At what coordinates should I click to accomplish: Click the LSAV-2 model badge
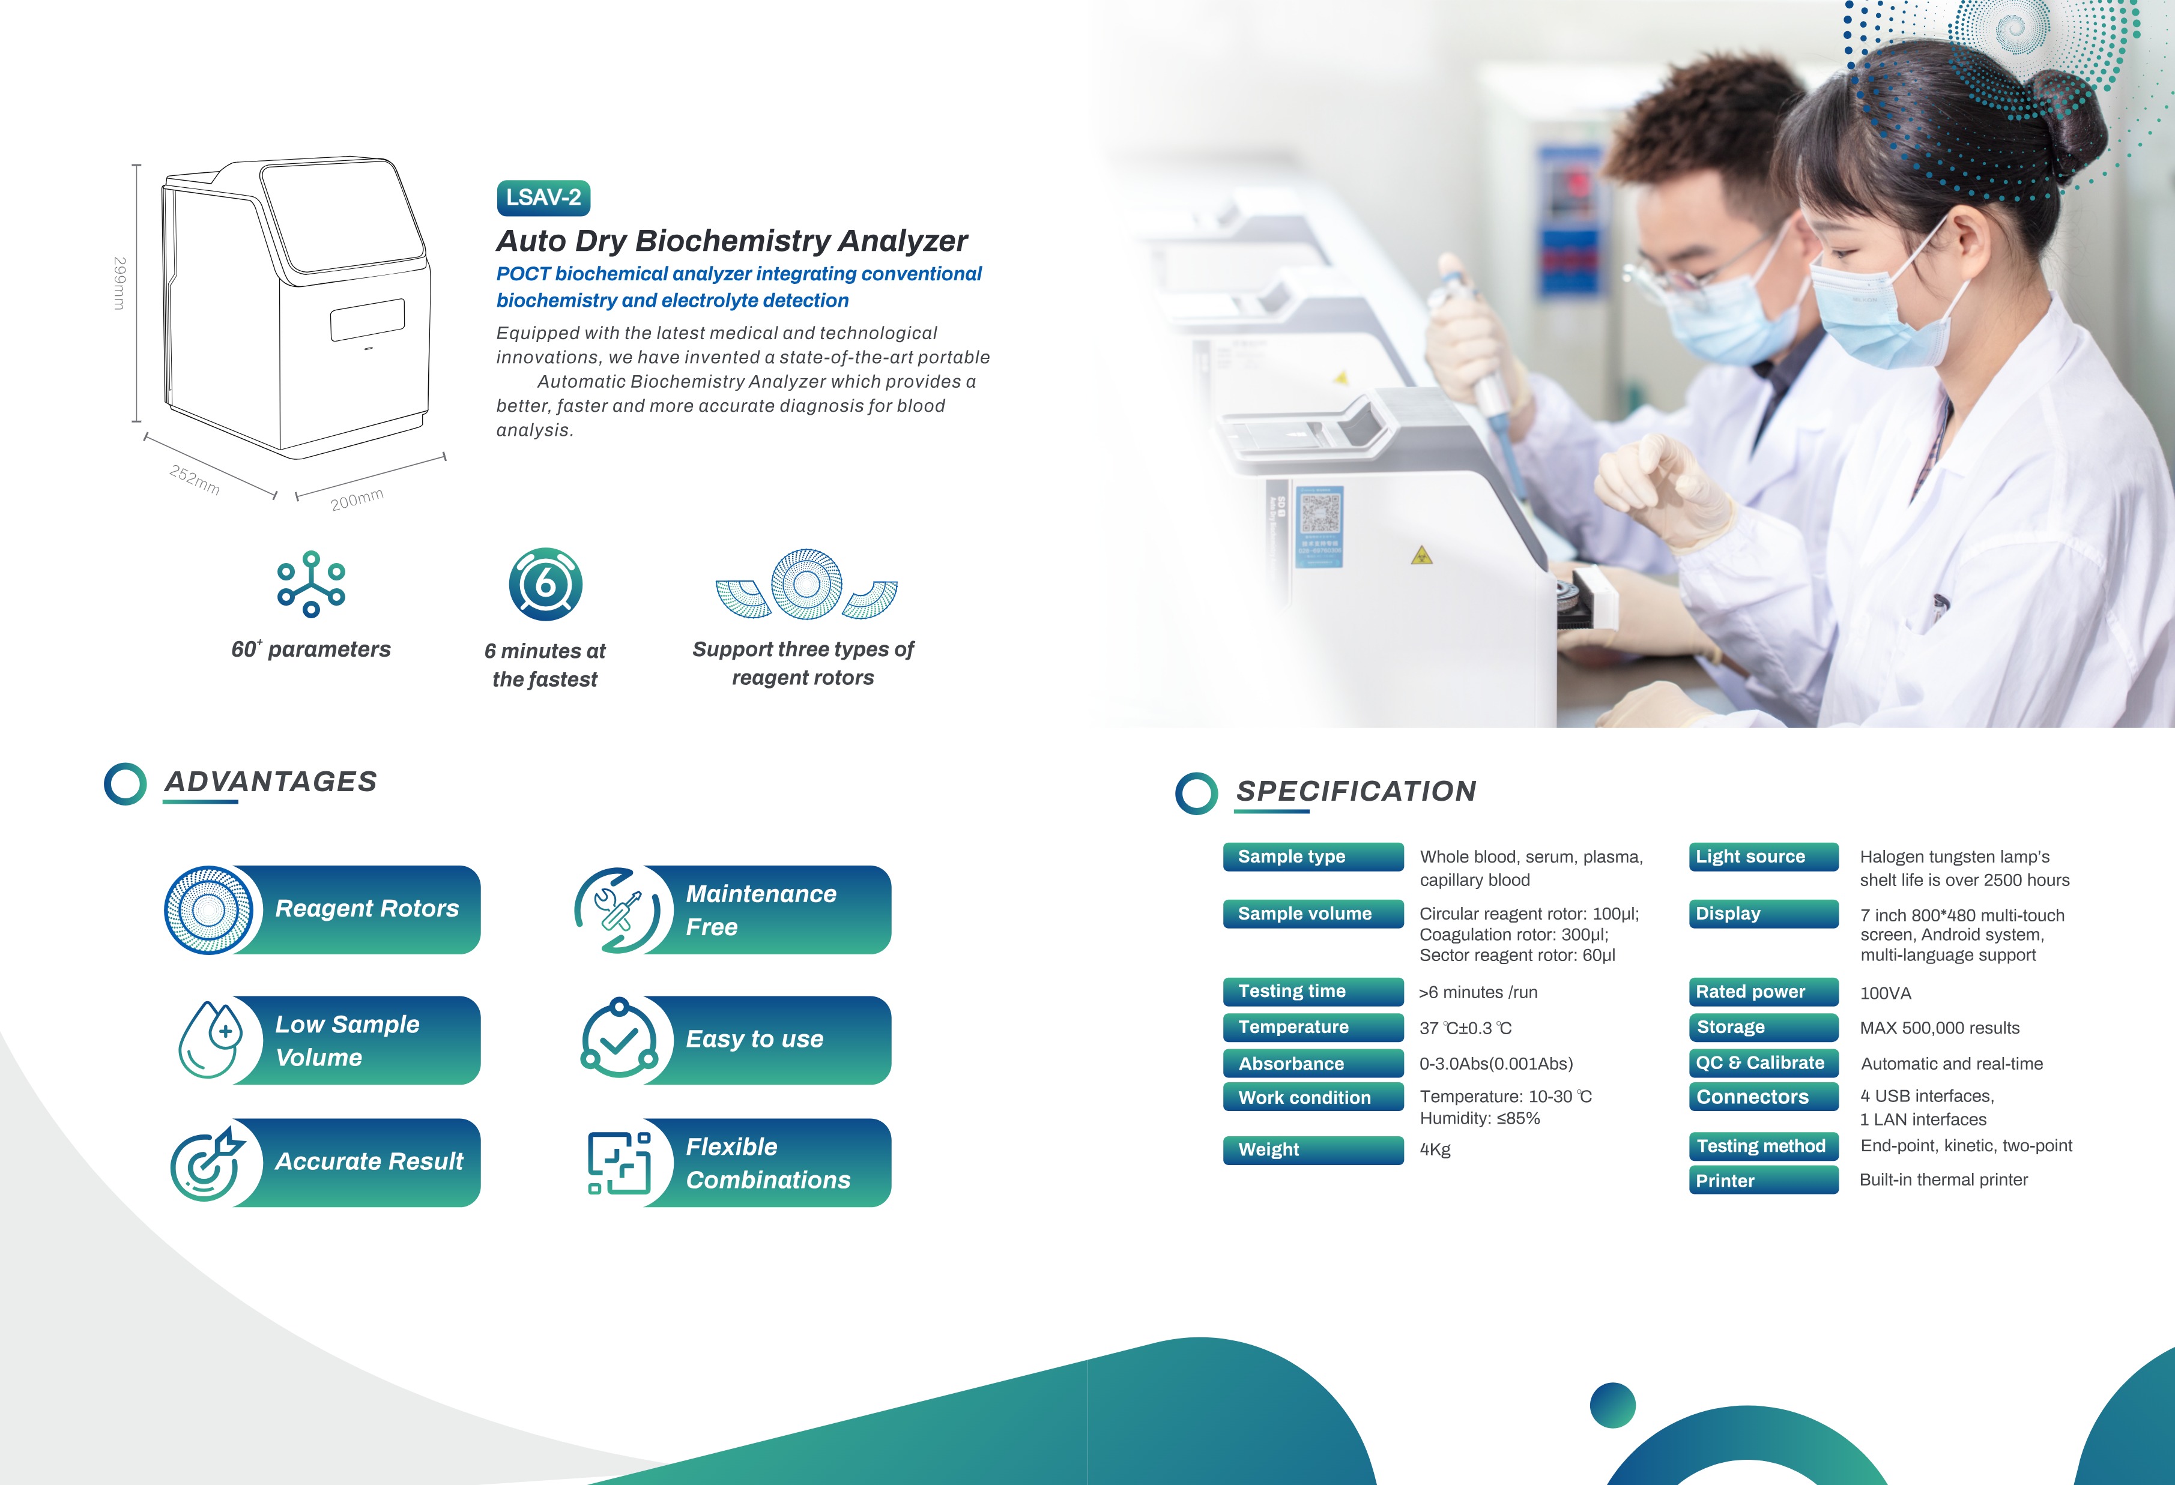click(543, 197)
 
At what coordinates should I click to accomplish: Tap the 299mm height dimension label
click(119, 283)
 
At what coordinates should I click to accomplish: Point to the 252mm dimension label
click(195, 479)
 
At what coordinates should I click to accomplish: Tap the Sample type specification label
click(1312, 856)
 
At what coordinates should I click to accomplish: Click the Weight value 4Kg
click(1435, 1149)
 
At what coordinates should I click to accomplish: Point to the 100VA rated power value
click(1885, 993)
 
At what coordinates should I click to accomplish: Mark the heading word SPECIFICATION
click(1356, 791)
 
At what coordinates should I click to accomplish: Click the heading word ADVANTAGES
click(270, 782)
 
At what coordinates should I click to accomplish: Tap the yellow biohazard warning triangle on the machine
click(1421, 556)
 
